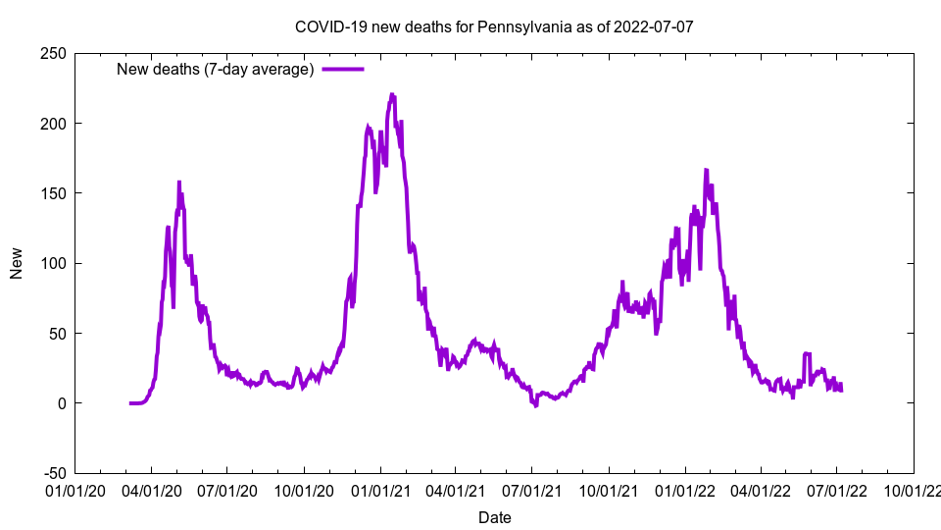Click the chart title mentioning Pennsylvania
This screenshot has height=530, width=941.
point(494,26)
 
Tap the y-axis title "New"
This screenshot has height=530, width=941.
point(17,263)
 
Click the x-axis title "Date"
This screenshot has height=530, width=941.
point(494,517)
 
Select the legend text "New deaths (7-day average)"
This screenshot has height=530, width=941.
point(215,69)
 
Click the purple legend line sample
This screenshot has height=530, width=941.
point(343,69)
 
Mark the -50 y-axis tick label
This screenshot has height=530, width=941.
point(53,473)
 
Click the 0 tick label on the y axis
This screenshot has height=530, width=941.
point(61,403)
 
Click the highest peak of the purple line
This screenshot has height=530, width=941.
point(392,95)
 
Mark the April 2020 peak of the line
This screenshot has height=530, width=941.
point(178,183)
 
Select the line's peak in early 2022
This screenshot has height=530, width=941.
point(706,170)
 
